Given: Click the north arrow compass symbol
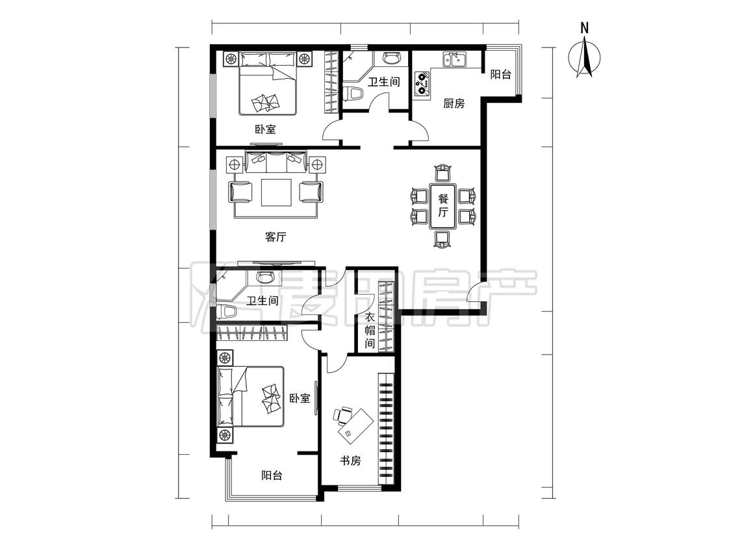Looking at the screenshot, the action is (x=584, y=58).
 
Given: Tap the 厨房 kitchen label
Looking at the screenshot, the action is (x=454, y=103).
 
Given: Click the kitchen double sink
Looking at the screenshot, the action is (x=455, y=60).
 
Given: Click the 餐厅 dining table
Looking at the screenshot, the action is (x=443, y=206).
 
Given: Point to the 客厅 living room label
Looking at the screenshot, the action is (x=276, y=237).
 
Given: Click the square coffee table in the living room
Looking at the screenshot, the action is (x=276, y=193).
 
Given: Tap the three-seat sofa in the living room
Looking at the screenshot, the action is (x=276, y=161).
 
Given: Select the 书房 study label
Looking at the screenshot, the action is (x=350, y=461).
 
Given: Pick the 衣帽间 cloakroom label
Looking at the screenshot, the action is (x=370, y=330).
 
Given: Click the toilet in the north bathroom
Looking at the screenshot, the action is (x=353, y=93).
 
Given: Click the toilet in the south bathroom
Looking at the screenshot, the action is (x=226, y=312).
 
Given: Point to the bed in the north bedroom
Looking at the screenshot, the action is (x=268, y=83).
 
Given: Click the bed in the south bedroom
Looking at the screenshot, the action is (x=250, y=396).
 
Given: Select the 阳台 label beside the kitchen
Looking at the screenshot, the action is (x=500, y=74).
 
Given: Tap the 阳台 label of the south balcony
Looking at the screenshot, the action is (x=272, y=475).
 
